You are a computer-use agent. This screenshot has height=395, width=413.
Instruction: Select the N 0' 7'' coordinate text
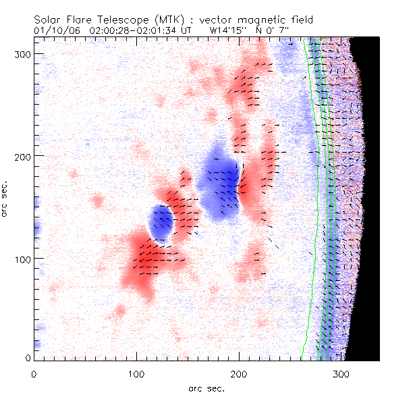(287, 30)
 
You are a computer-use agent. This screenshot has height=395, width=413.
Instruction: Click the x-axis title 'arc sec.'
(206, 388)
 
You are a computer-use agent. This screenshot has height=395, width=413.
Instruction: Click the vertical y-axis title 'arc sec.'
(6, 199)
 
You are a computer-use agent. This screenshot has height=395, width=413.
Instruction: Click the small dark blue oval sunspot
(161, 223)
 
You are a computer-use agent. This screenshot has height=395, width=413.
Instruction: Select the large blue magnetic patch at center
(221, 182)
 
